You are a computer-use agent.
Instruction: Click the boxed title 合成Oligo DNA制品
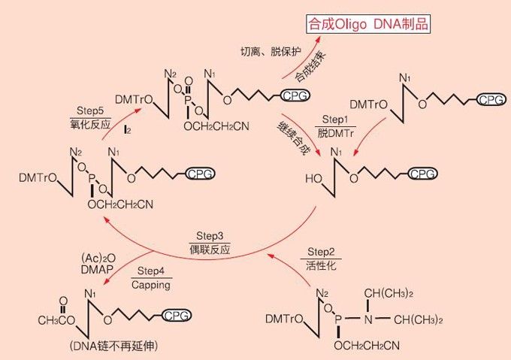coord(368,24)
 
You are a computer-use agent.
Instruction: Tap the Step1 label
coord(335,119)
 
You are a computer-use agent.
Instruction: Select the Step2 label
coord(321,252)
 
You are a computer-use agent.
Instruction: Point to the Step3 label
coord(210,236)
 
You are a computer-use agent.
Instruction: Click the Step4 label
coord(151,271)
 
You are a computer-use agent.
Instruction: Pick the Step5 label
coord(90,110)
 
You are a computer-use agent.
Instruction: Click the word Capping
coord(151,285)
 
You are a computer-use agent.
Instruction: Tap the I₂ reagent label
coord(127,130)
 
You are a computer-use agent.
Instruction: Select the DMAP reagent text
coord(97,269)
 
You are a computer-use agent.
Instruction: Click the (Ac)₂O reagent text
coord(98,259)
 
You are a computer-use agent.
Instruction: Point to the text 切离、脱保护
coord(271,51)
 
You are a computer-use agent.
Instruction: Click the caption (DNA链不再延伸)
coord(113,346)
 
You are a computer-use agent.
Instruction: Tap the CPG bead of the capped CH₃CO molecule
coord(176,316)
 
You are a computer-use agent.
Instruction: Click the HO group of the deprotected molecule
coord(313,179)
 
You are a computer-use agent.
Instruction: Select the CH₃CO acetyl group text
coord(56,321)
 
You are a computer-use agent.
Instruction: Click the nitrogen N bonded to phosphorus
coord(368,319)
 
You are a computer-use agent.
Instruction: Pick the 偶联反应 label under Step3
coord(210,250)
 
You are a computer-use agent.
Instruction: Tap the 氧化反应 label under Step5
coord(90,125)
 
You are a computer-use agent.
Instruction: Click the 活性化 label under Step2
coord(321,265)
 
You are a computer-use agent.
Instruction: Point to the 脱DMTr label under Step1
coord(335,133)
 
